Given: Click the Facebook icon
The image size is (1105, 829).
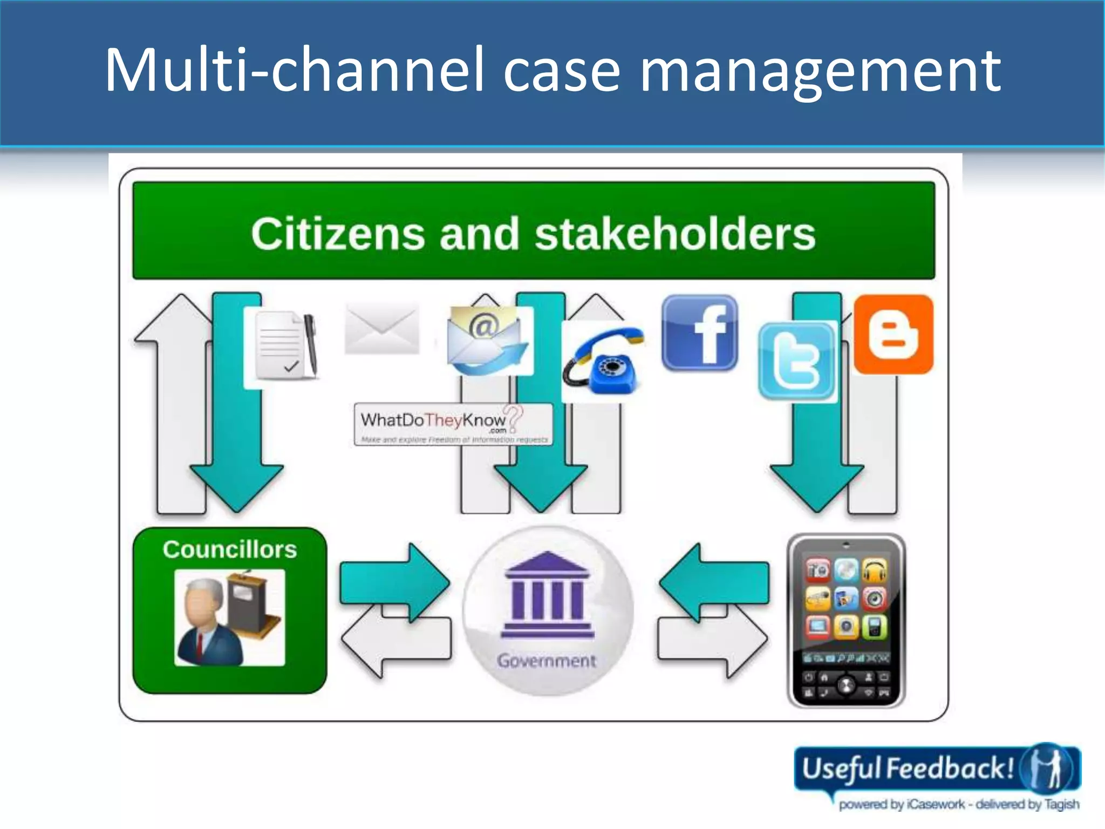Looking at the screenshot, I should point(699,333).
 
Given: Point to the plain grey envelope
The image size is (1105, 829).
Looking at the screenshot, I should point(382,328).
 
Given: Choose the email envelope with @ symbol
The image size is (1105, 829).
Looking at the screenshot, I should point(487,341).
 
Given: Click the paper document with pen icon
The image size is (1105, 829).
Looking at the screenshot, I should point(284,345).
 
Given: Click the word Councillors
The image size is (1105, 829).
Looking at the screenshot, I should point(230,549).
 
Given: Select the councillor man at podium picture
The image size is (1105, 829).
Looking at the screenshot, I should point(230,617).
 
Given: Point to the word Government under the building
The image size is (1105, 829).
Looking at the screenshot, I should point(547,661).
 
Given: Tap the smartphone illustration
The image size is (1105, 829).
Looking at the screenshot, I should point(846,621).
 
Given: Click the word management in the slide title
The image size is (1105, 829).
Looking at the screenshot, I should point(820,70).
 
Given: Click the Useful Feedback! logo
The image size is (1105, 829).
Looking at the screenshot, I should point(937,775).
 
